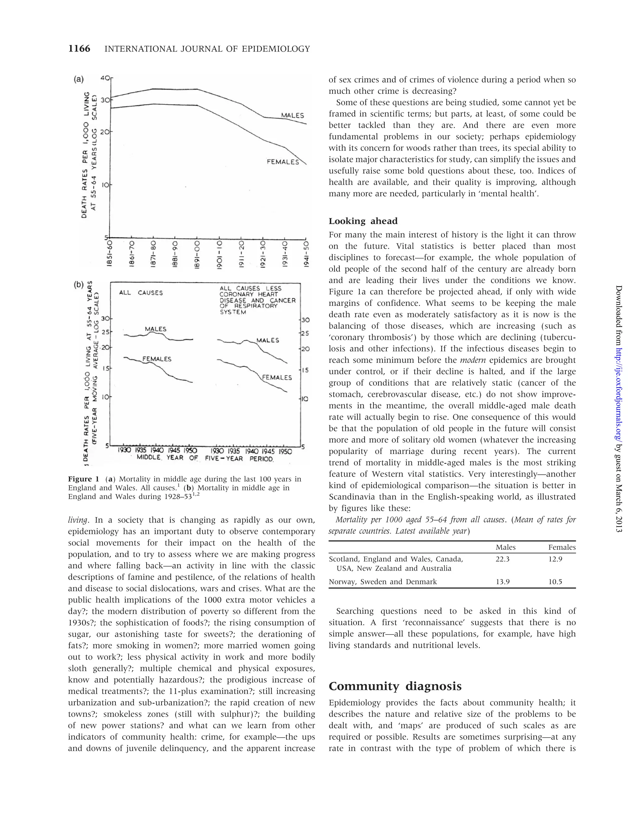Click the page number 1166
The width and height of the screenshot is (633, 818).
tap(79, 49)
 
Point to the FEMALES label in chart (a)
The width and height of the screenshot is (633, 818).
tap(283, 162)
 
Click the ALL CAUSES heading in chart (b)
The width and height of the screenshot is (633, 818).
tap(141, 293)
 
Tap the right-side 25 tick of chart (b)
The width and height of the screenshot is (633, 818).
tap(306, 333)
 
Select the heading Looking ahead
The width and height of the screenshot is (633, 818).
tap(363, 221)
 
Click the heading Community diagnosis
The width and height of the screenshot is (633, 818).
tap(395, 686)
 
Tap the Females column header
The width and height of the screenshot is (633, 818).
tap(562, 547)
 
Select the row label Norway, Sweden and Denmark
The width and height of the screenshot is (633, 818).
tap(382, 582)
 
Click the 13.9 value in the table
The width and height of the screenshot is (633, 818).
tap(503, 582)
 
